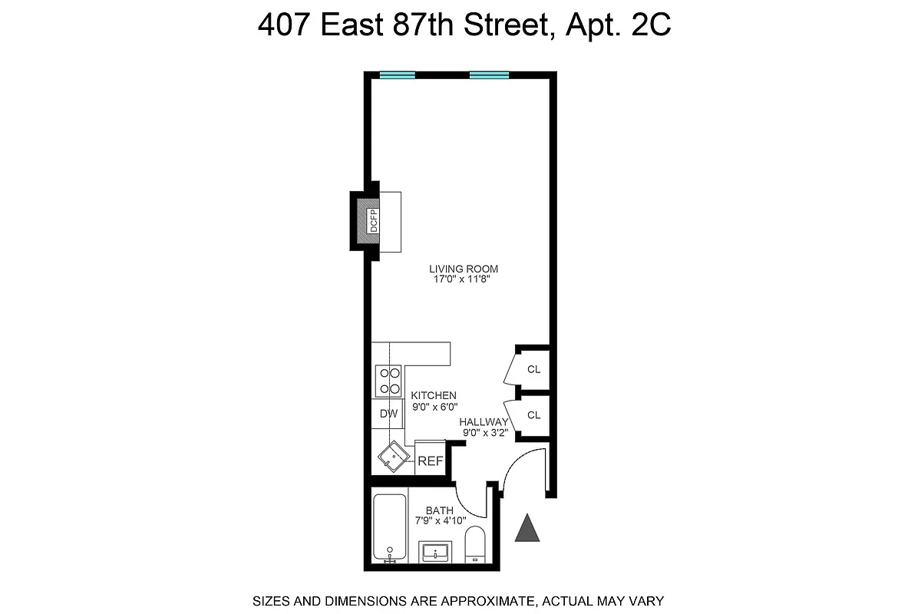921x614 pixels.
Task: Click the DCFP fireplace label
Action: tap(374, 221)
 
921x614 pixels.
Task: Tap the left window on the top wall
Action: tap(397, 74)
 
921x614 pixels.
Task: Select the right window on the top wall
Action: tap(489, 74)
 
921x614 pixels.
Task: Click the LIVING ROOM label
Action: tap(464, 269)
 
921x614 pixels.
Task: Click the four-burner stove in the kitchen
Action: tap(388, 381)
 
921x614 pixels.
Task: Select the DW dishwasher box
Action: tap(388, 414)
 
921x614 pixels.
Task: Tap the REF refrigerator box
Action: tap(430, 460)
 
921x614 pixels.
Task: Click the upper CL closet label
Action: tap(533, 369)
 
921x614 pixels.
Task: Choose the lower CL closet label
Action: tap(533, 415)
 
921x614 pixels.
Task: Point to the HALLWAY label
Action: tap(484, 422)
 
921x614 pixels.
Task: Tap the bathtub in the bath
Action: tap(389, 528)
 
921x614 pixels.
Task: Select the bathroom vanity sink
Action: tap(436, 552)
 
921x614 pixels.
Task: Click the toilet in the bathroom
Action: tap(476, 545)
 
